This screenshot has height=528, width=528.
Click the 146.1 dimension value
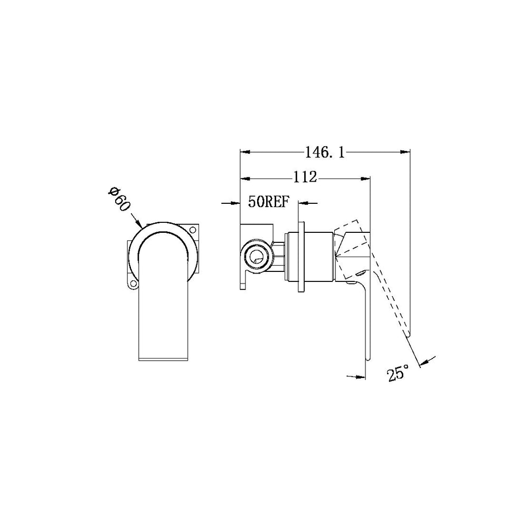click(325, 153)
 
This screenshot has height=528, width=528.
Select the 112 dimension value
click(305, 177)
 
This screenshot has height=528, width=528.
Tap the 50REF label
click(269, 202)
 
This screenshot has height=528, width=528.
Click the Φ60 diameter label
click(119, 199)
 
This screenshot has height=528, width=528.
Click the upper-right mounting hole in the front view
click(193, 230)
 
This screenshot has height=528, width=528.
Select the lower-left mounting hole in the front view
click(133, 284)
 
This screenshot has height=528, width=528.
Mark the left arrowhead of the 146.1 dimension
click(245, 152)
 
